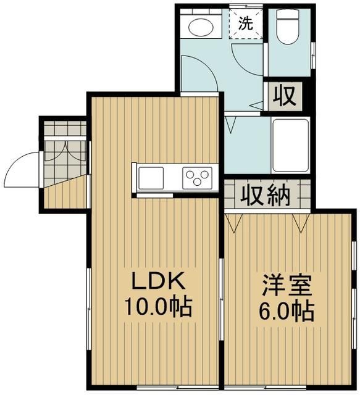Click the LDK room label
pos(156,282)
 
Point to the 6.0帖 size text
pos(286,312)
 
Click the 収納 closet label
pos(266,196)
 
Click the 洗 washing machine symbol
pos(245,25)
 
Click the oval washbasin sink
pos(199,27)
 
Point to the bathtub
pos(290,146)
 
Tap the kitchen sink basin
pos(151,178)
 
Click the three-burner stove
pos(197,178)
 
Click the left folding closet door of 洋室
pos(233,223)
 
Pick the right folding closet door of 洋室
pos(301,223)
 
